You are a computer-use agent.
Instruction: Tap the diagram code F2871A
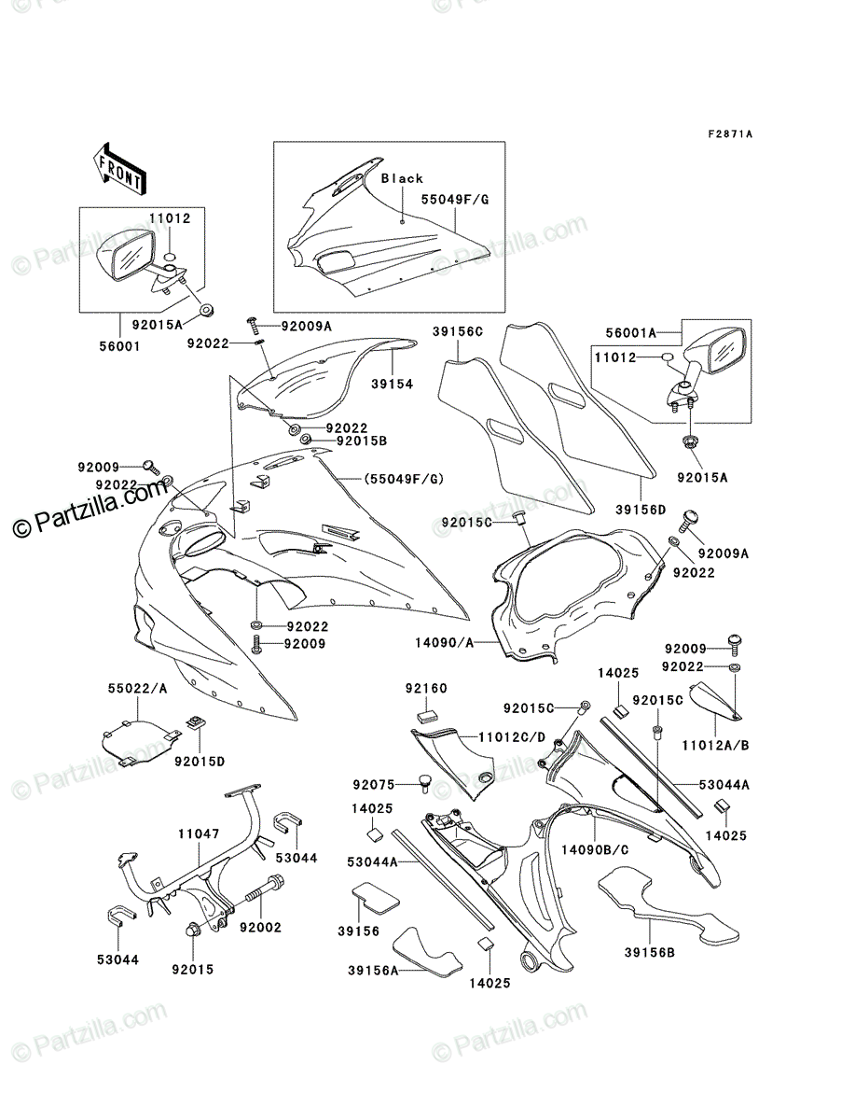(730, 134)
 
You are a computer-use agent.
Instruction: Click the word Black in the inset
(402, 178)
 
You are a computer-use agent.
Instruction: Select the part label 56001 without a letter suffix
(119, 346)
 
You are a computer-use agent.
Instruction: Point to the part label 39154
(392, 385)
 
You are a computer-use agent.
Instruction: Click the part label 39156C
(458, 332)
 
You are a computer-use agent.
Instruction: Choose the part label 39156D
(641, 510)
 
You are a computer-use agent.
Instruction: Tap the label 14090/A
(445, 643)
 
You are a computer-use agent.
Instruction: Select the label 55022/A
(137, 689)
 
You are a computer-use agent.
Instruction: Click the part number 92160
(426, 689)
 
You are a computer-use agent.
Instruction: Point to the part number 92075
(373, 785)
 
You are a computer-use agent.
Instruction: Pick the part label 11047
(199, 834)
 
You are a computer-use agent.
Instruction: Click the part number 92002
(260, 927)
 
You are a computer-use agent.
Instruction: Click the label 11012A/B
(715, 746)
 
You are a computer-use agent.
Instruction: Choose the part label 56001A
(631, 333)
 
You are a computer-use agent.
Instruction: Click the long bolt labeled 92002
(264, 889)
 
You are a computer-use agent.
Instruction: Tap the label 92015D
(200, 762)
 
